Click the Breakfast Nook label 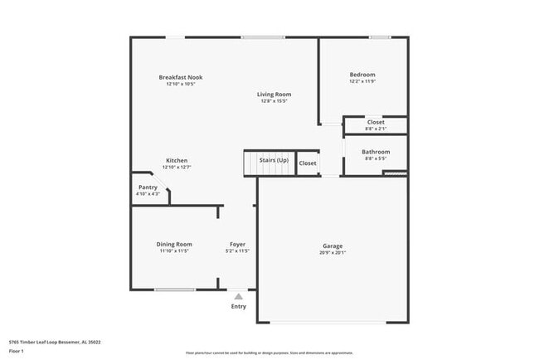point(181,77)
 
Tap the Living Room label point(275,95)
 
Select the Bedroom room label point(362,75)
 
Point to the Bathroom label point(376,152)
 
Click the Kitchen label point(177,160)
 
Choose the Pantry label point(148,187)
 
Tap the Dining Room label point(174,244)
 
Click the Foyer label point(238,244)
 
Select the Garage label point(333,246)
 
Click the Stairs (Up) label point(274,159)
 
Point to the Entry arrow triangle point(239,295)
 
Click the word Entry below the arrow point(239,307)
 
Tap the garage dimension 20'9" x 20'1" point(333,252)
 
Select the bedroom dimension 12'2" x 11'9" point(362,81)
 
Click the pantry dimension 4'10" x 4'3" point(148,194)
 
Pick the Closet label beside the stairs point(308,163)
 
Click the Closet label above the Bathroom point(376,122)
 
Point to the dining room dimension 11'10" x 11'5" point(174,251)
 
